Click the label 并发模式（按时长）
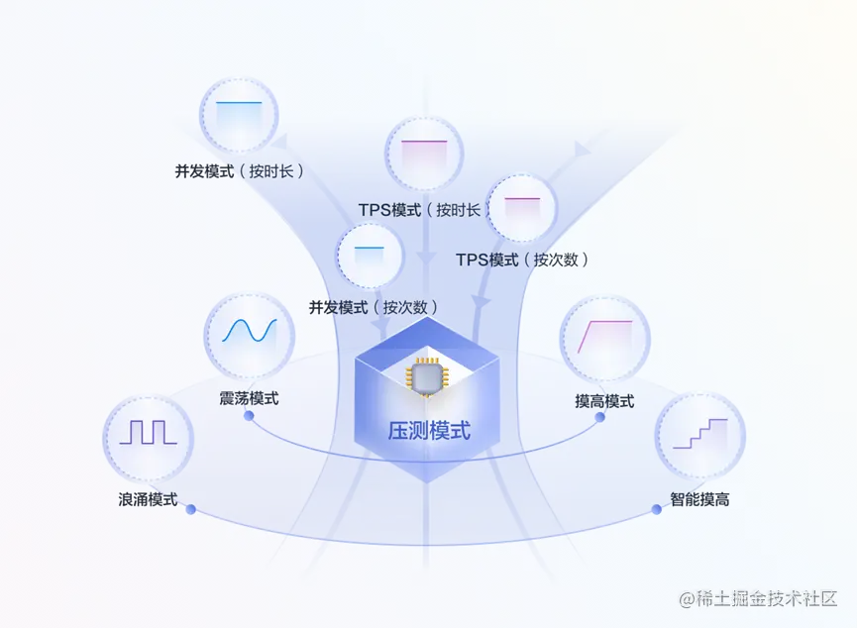point(240,171)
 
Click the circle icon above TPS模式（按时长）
point(424,155)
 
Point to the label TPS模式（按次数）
point(523,260)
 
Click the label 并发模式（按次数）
point(374,307)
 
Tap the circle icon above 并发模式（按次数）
point(370,258)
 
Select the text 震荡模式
point(249,398)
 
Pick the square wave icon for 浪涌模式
point(148,435)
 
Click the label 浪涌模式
point(148,499)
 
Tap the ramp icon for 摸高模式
point(604,337)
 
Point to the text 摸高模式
point(604,401)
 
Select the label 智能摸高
point(699,499)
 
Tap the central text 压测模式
point(428,430)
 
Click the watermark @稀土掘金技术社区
point(758,599)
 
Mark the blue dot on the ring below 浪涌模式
point(189,509)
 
